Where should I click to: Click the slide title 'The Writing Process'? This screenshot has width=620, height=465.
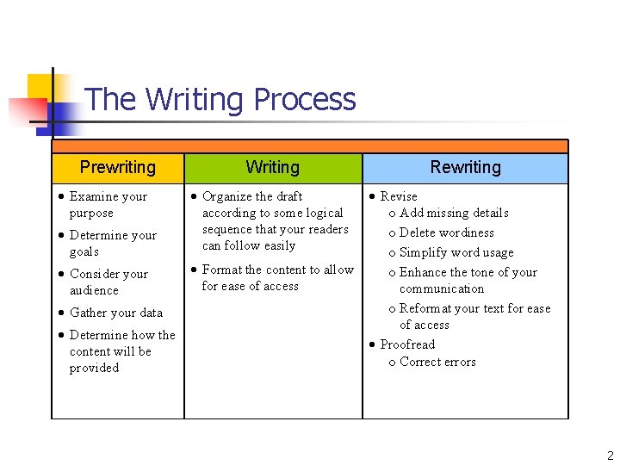(x=220, y=100)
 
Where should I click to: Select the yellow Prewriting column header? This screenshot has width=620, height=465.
(x=118, y=168)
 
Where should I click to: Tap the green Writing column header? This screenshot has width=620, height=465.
(x=272, y=168)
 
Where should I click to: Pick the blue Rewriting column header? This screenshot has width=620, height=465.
(x=465, y=168)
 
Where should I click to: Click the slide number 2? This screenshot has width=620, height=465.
(x=610, y=456)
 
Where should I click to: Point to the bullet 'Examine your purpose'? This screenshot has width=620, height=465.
(x=108, y=205)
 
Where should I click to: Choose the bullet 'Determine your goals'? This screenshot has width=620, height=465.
(x=112, y=244)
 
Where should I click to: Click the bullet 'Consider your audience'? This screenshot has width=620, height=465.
(x=108, y=282)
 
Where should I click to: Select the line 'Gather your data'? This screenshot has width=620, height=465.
(x=115, y=313)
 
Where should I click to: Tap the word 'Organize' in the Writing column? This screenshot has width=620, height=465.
(x=227, y=196)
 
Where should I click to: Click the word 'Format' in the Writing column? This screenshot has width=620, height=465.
(x=222, y=270)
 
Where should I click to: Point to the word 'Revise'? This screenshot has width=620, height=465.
(x=399, y=196)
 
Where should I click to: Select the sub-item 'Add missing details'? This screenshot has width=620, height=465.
(x=454, y=213)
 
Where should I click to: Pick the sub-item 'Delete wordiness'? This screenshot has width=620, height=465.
(x=446, y=232)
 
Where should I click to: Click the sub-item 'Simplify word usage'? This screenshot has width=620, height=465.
(x=456, y=252)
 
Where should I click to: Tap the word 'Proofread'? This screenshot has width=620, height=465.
(x=407, y=344)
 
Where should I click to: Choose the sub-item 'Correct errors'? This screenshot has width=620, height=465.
(x=437, y=362)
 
